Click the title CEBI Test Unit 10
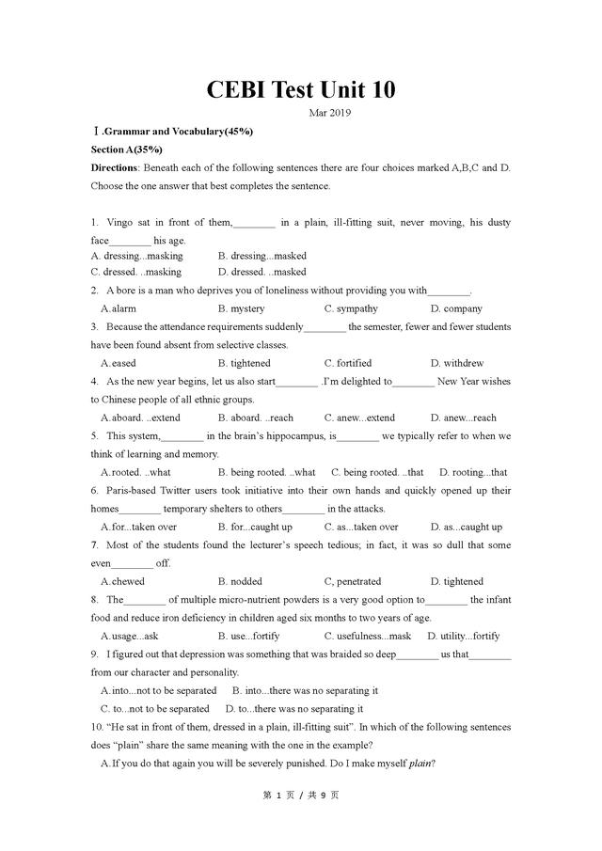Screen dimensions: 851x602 301,89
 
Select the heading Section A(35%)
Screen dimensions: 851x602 127,150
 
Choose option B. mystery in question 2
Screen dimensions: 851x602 241,308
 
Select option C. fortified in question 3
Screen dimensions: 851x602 348,363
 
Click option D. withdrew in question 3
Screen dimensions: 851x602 457,363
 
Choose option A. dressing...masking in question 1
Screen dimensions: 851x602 137,256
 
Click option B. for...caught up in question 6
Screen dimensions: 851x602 255,527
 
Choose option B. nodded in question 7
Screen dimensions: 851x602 240,581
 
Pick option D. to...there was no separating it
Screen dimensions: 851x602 294,708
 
